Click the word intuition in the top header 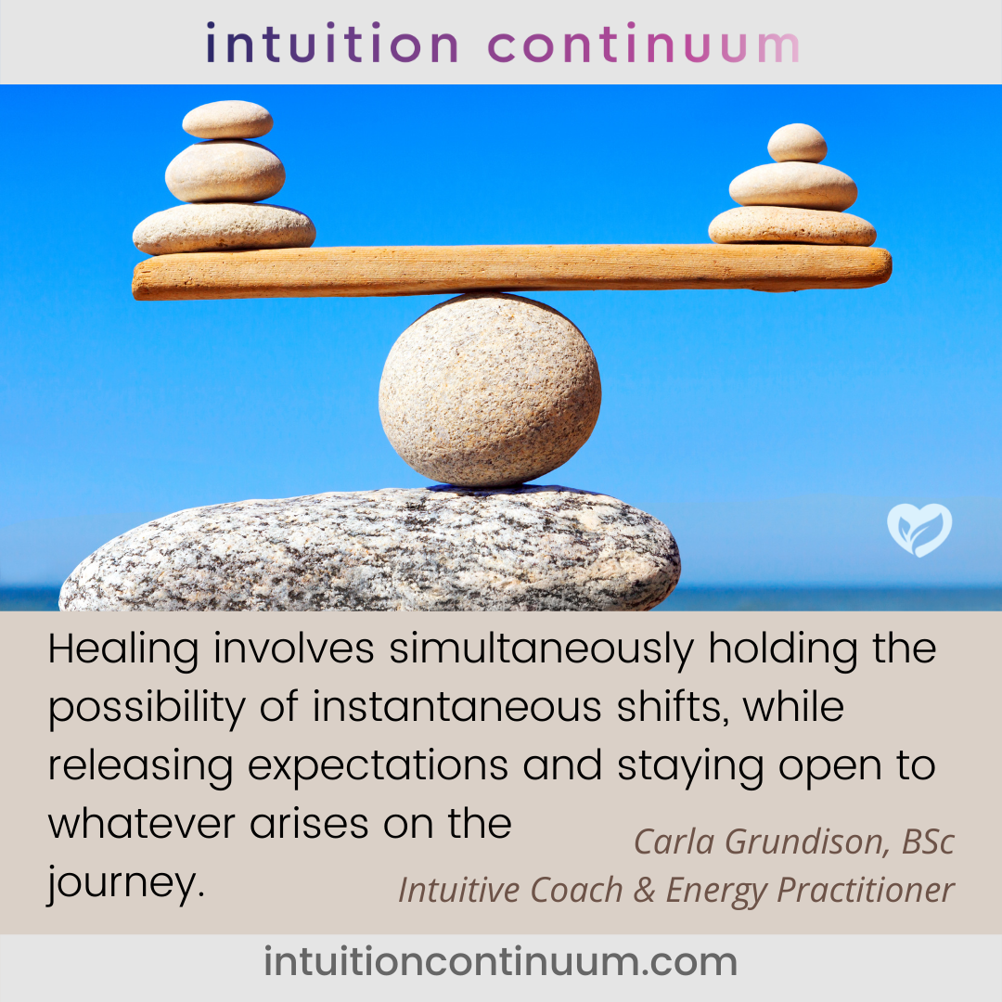point(331,43)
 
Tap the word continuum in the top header point(644,43)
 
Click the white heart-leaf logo point(919,530)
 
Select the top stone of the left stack point(227,120)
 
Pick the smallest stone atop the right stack point(797,143)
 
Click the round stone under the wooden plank point(490,391)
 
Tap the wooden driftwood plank point(511,272)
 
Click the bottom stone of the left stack point(224,229)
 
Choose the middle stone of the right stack point(793,186)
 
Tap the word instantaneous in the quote point(456,707)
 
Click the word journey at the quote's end point(126,884)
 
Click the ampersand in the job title point(644,890)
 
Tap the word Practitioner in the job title point(866,890)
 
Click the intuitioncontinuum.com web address point(501,962)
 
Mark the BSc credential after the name point(928,841)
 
